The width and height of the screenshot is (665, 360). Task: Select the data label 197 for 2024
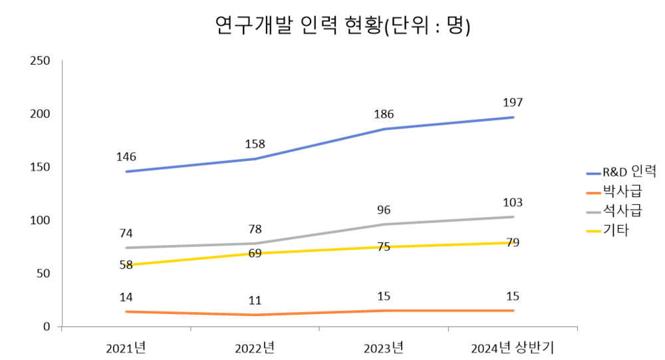(x=513, y=102)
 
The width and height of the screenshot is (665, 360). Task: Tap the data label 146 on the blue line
(x=126, y=157)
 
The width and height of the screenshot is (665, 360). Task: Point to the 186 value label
(x=384, y=114)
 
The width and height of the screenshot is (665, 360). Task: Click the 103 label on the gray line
(x=513, y=202)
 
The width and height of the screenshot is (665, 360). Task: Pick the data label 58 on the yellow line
(x=126, y=266)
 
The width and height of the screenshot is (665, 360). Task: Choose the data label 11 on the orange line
(x=255, y=300)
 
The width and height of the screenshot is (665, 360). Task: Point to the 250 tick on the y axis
(x=41, y=61)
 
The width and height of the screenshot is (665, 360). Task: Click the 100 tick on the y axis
(x=41, y=220)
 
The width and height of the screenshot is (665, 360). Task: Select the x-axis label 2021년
(x=126, y=347)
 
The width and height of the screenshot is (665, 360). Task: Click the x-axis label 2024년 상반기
(x=512, y=347)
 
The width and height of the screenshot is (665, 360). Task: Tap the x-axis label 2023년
(x=384, y=347)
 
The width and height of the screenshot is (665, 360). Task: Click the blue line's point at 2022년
(x=255, y=159)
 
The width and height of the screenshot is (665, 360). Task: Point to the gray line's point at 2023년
(x=384, y=224)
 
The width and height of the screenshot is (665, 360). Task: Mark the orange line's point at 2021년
(x=126, y=311)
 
